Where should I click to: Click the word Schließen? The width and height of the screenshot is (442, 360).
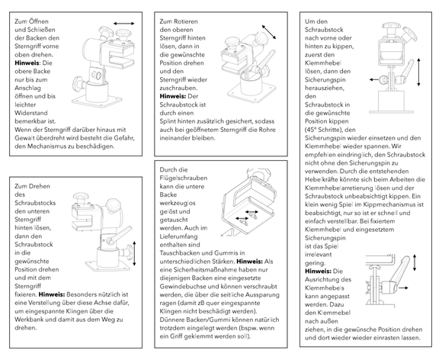pyautogui.click(x=41, y=30)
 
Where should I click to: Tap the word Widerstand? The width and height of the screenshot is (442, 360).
pyautogui.click(x=31, y=113)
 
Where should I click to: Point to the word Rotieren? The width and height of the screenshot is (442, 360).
pyautogui.click(x=185, y=21)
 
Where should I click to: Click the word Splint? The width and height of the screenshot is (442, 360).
pyautogui.click(x=168, y=121)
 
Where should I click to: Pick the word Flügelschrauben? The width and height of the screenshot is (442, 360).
pyautogui.click(x=184, y=178)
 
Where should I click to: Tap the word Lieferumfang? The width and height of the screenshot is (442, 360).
pyautogui.click(x=179, y=236)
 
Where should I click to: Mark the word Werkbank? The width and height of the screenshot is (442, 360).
pyautogui.click(x=28, y=320)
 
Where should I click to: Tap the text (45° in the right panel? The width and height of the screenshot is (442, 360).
pyautogui.click(x=311, y=130)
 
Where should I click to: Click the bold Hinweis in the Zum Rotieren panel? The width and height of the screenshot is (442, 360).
pyautogui.click(x=173, y=96)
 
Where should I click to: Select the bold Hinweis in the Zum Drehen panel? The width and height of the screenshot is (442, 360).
pyautogui.click(x=52, y=294)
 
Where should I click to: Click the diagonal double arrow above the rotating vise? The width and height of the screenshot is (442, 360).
pyautogui.click(x=269, y=32)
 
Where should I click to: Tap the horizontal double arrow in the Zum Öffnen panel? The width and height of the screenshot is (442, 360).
pyautogui.click(x=124, y=24)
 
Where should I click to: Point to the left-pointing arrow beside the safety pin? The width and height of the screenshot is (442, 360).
pyautogui.click(x=374, y=79)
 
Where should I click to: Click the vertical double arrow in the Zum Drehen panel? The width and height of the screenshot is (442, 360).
pyautogui.click(x=134, y=254)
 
